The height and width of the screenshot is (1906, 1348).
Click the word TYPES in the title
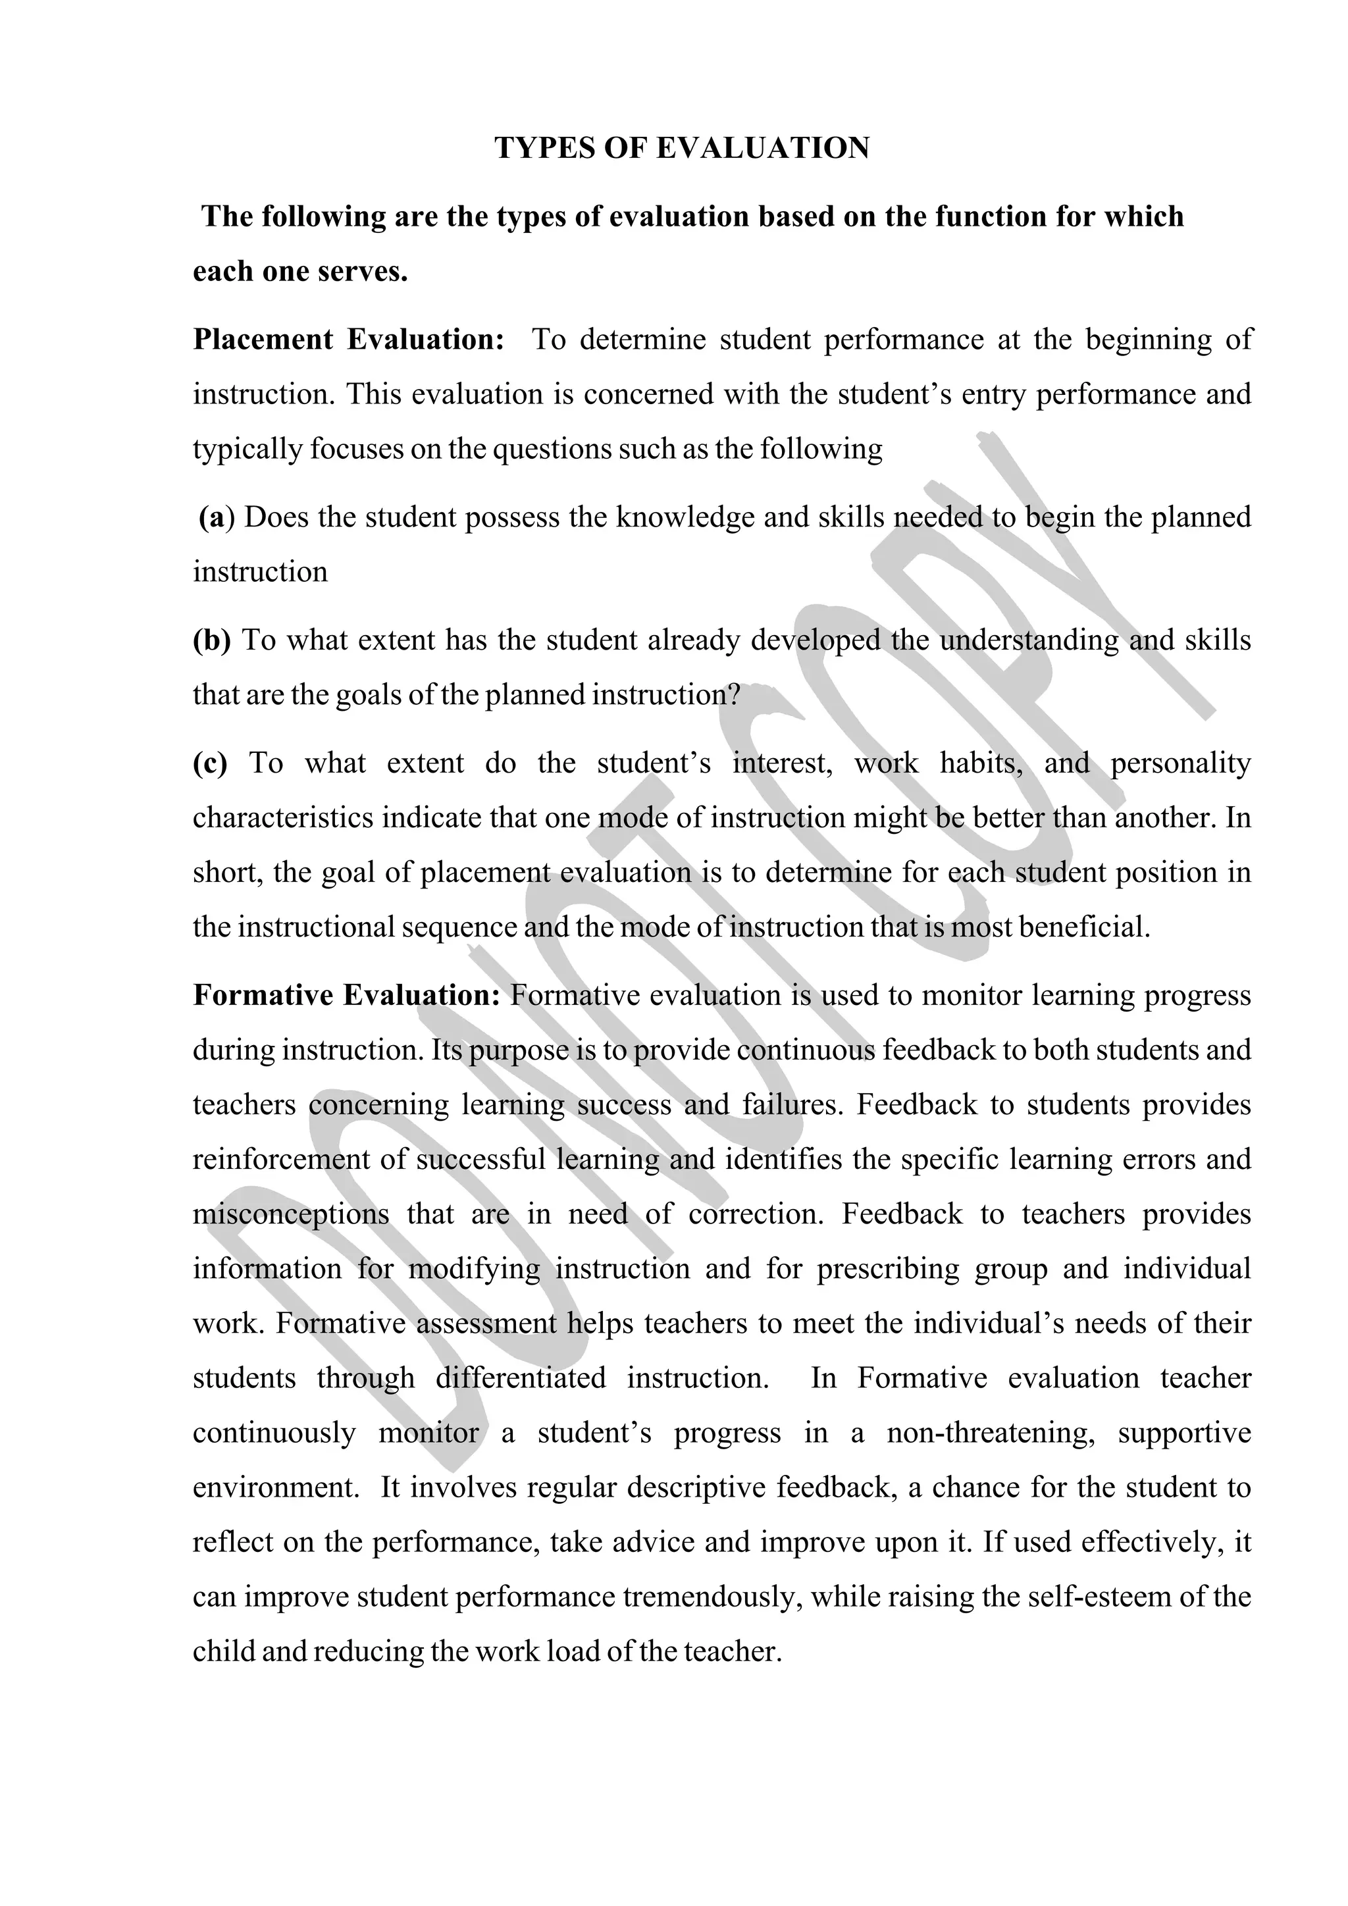[x=544, y=149]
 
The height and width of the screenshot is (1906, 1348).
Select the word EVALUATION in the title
[x=763, y=149]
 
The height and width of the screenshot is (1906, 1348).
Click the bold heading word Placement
[x=263, y=340]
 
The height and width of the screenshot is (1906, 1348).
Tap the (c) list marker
[x=210, y=763]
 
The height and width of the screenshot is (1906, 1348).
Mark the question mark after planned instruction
[x=732, y=695]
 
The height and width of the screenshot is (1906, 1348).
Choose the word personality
[x=1180, y=763]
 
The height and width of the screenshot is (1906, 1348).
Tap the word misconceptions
[x=290, y=1214]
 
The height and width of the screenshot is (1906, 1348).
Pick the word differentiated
[x=521, y=1379]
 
